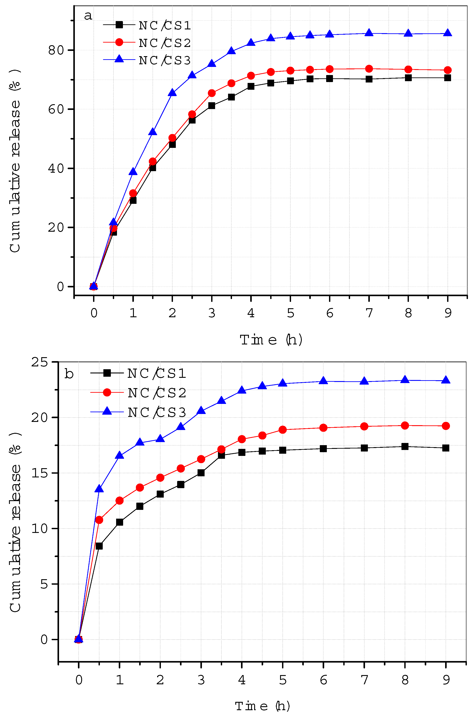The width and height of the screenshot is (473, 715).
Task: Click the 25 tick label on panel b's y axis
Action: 40,362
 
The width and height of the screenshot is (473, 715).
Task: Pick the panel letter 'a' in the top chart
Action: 88,15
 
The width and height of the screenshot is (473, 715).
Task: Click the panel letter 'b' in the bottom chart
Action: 69,374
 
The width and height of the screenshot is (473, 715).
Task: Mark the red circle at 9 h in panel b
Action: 446,426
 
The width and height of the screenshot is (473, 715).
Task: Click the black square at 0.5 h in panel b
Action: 99,546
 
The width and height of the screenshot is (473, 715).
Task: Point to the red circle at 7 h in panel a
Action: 369,69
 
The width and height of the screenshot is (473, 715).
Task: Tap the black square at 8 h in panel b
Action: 405,446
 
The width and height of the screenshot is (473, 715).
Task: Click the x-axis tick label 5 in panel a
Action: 290,313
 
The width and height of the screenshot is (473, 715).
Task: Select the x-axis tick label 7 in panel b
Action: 364,679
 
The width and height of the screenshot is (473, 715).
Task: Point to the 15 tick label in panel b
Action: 40,473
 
